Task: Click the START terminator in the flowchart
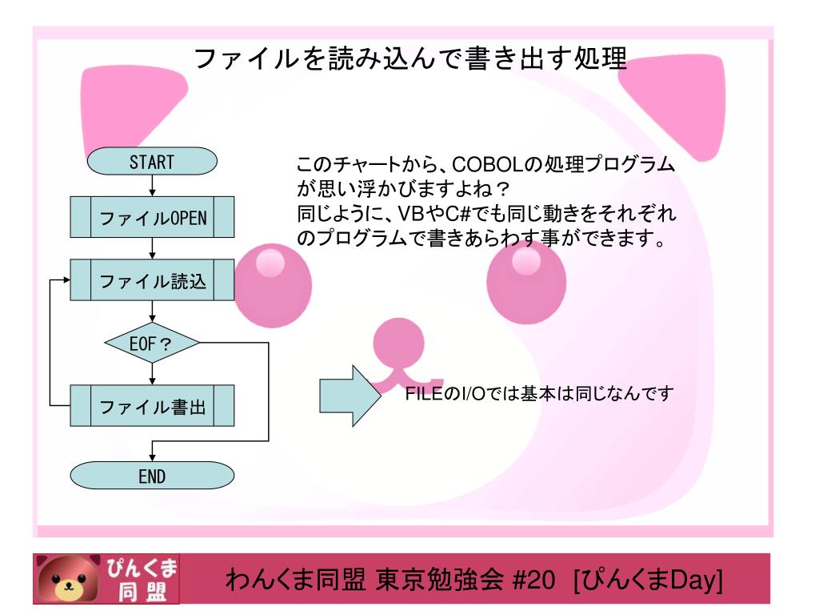(x=151, y=163)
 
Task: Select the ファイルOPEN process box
(x=151, y=219)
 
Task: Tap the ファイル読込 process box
(x=151, y=281)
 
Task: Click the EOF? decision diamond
(x=151, y=344)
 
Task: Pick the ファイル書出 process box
(x=151, y=408)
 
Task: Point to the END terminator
(x=151, y=476)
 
